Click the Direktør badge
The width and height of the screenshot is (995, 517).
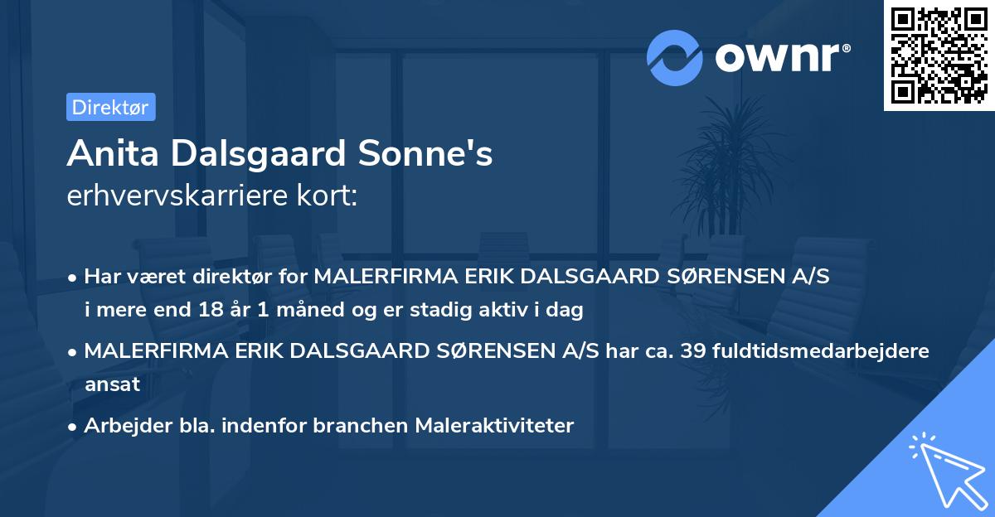(x=110, y=107)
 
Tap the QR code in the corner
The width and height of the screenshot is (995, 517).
(x=939, y=55)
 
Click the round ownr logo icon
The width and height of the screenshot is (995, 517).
(x=675, y=58)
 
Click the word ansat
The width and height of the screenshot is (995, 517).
(x=112, y=384)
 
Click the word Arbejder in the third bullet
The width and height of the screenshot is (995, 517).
(x=120, y=426)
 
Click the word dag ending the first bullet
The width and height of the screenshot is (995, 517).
(x=567, y=311)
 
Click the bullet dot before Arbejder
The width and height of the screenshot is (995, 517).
(x=74, y=427)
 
